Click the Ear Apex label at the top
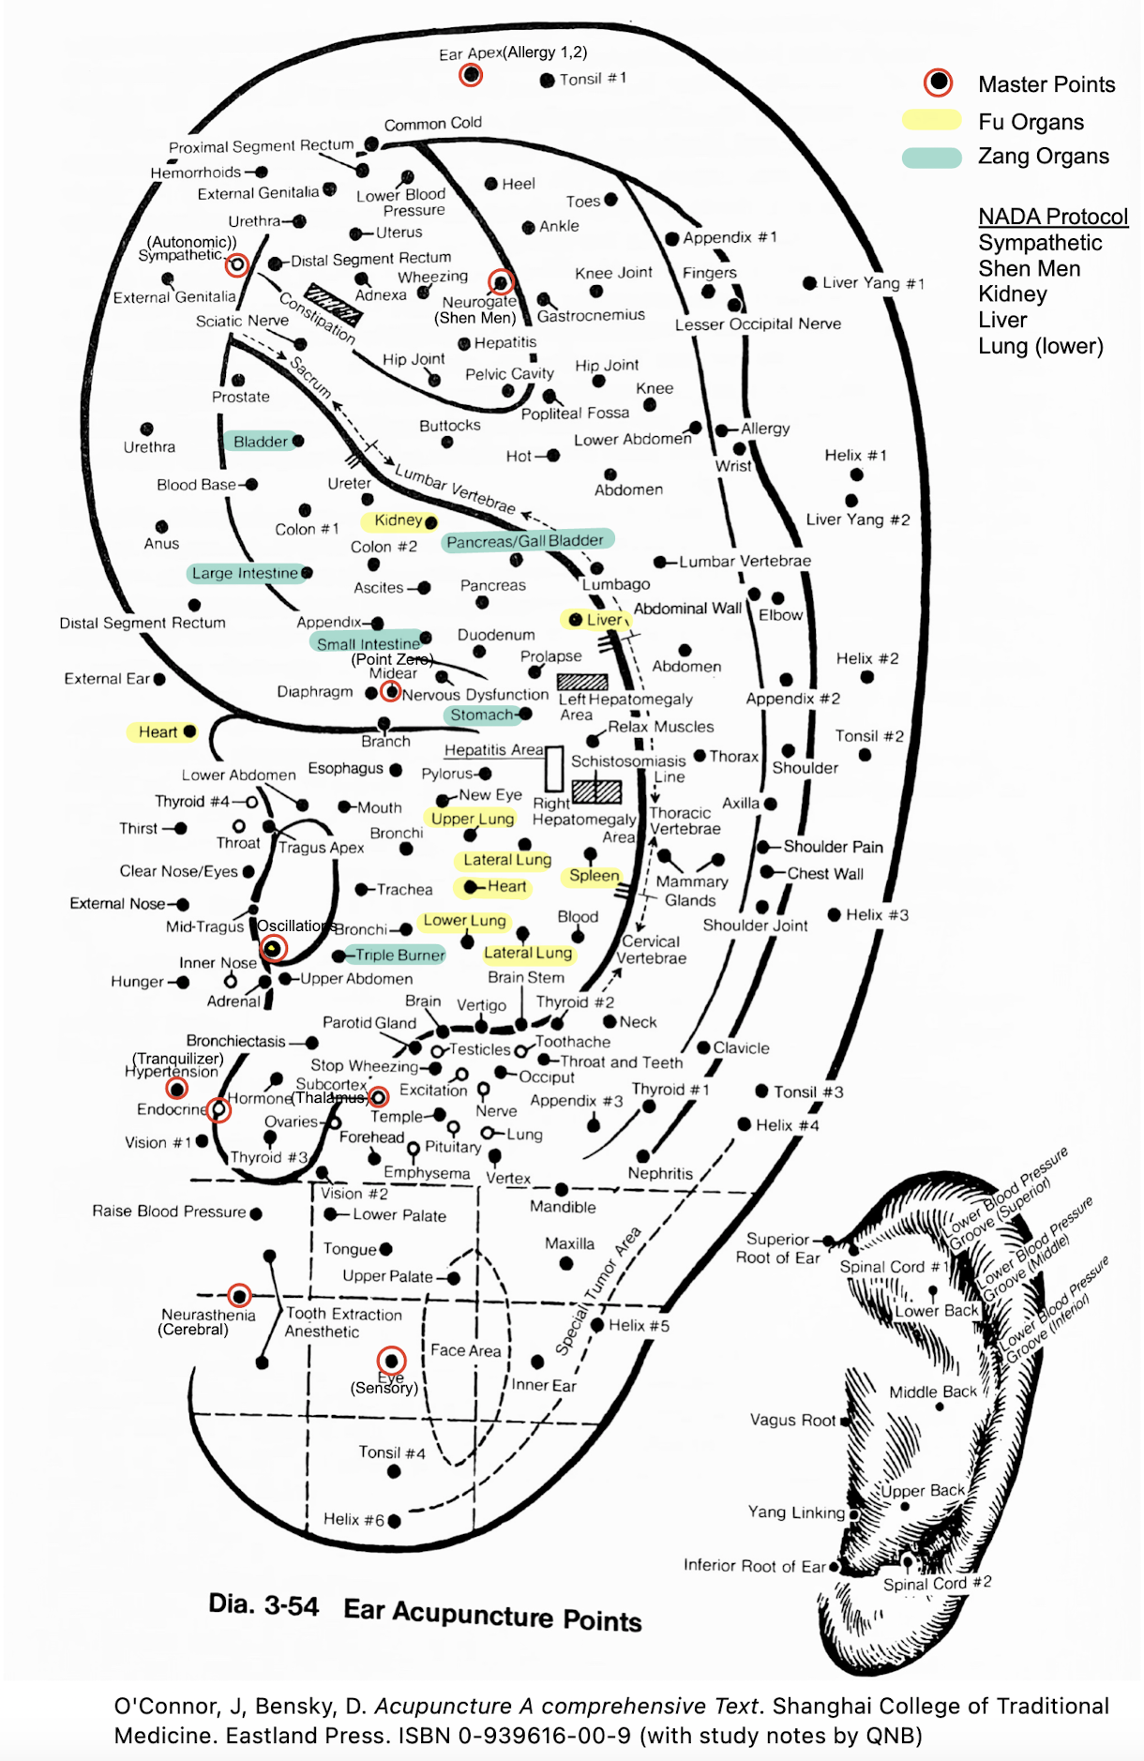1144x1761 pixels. [x=471, y=53]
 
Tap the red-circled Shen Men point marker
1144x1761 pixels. [x=501, y=281]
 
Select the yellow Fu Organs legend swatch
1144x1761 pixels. [x=931, y=121]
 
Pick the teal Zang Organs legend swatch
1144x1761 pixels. [x=931, y=157]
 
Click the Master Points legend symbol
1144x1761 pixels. [x=938, y=83]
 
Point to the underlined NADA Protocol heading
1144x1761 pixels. [x=1053, y=217]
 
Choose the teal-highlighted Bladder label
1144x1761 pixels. [x=261, y=442]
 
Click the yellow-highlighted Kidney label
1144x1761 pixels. [x=399, y=520]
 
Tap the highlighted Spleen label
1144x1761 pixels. [x=595, y=876]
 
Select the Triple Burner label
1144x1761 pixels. [x=399, y=955]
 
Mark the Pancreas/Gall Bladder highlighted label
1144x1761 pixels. [x=525, y=541]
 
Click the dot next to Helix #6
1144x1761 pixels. [x=395, y=1520]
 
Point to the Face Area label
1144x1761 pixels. [x=465, y=1350]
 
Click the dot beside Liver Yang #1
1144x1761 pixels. [x=809, y=282]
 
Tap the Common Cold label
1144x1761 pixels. [x=432, y=124]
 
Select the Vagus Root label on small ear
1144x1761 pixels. [x=792, y=1420]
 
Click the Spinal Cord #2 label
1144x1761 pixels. [x=937, y=1583]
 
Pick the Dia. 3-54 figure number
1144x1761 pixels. [x=263, y=1604]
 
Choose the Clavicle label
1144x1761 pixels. [x=741, y=1047]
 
